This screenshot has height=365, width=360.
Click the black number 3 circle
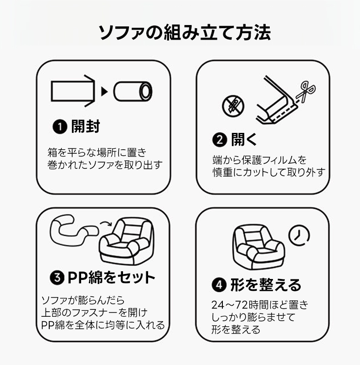pos(57,278)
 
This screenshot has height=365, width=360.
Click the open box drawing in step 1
pos(73,91)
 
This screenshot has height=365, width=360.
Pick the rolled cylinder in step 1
pos(134,91)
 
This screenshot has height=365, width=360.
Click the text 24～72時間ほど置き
pos(257,305)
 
